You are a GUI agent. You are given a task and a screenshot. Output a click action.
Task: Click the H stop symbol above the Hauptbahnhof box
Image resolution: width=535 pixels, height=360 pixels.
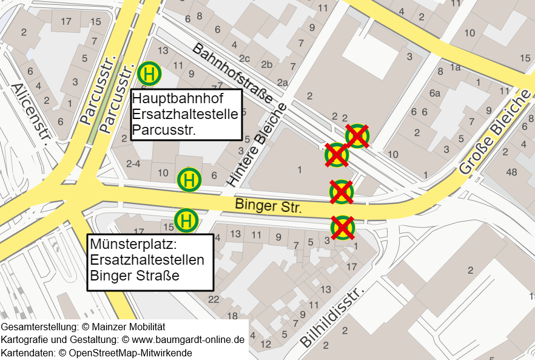coord(149,73)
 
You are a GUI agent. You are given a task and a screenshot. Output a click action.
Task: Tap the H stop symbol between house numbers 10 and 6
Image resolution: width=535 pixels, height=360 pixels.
coord(189,180)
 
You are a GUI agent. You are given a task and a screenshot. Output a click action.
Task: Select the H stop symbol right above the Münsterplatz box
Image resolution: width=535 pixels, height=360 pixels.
coord(186,220)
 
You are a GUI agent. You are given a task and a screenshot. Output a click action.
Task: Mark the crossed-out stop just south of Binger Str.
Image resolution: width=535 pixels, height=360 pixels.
coord(342,228)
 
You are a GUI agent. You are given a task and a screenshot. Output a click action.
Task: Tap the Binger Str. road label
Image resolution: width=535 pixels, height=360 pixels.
coord(268,206)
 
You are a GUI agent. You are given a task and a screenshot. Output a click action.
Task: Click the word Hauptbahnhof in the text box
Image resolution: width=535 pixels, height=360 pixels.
coord(178,98)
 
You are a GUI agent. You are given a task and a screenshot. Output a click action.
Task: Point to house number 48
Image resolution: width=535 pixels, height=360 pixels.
coord(511,172)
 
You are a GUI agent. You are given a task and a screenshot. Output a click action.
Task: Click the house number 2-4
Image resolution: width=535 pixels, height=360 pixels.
coord(133,164)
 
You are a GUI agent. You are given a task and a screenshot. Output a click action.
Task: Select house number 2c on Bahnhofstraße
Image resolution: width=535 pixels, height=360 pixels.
coord(244,58)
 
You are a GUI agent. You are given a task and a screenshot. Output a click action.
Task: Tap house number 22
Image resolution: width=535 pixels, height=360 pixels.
coord(214,299)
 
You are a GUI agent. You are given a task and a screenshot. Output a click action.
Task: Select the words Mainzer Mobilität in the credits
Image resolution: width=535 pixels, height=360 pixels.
coord(125,327)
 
